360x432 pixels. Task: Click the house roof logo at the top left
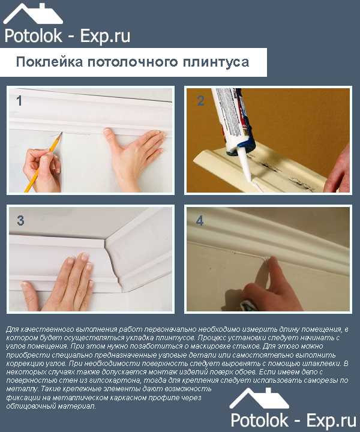tap(33, 14)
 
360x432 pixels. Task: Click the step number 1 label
tap(19, 101)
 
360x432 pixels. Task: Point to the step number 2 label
tap(200, 101)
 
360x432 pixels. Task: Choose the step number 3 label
tap(20, 221)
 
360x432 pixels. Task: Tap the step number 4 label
tap(200, 221)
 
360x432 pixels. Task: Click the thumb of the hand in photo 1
tap(110, 136)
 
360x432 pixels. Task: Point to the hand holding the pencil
tap(42, 170)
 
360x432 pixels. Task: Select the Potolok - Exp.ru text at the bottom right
tap(293, 421)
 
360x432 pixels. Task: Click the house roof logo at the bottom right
tap(259, 398)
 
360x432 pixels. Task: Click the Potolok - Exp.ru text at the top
tap(67, 37)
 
